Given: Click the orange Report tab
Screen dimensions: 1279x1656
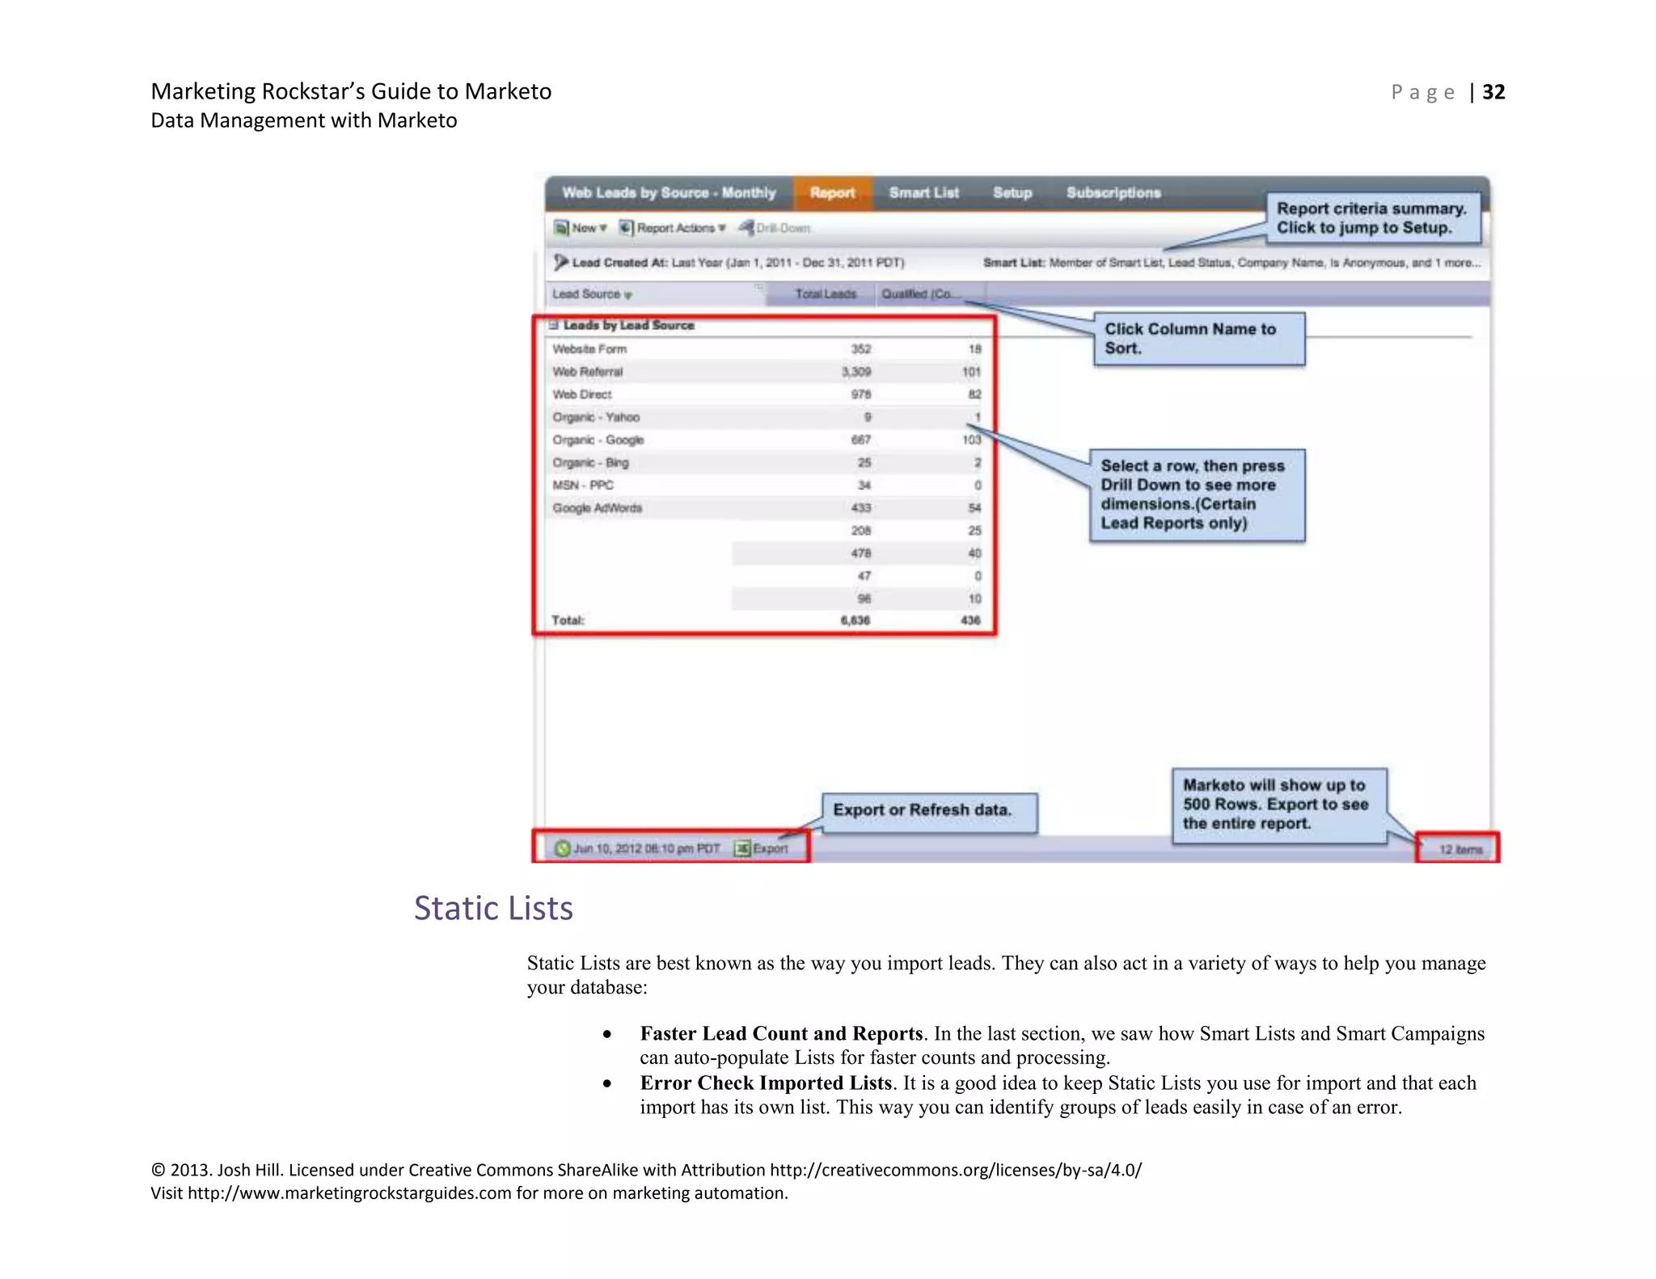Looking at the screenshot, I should [832, 193].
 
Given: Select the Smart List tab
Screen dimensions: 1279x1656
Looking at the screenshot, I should [923, 193].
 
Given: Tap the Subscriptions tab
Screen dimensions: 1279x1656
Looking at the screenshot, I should [1113, 193].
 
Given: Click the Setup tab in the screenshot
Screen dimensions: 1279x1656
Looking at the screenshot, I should [1012, 193].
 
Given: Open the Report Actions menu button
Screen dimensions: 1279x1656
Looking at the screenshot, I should [674, 228].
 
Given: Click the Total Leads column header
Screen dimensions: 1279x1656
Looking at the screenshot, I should [825, 294].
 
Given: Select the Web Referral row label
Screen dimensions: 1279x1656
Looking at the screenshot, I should [588, 372].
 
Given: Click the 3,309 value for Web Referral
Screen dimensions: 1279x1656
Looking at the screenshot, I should [856, 372].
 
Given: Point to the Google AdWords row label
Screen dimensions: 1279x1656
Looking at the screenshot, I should [597, 508].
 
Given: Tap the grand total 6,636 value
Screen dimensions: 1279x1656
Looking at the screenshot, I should [855, 620].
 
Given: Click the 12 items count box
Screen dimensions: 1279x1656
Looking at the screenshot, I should [1459, 849].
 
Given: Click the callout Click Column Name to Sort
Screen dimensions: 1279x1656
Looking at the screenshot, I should [1198, 339].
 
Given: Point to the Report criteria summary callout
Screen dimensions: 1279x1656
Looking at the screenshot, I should [1371, 218].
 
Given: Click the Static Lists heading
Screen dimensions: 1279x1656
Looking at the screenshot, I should [493, 909].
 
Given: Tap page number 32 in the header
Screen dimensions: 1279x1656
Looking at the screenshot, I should [1493, 92].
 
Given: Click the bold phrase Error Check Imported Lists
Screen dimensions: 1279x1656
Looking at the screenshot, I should [765, 1083].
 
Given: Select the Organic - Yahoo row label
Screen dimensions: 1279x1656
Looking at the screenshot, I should [596, 417].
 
